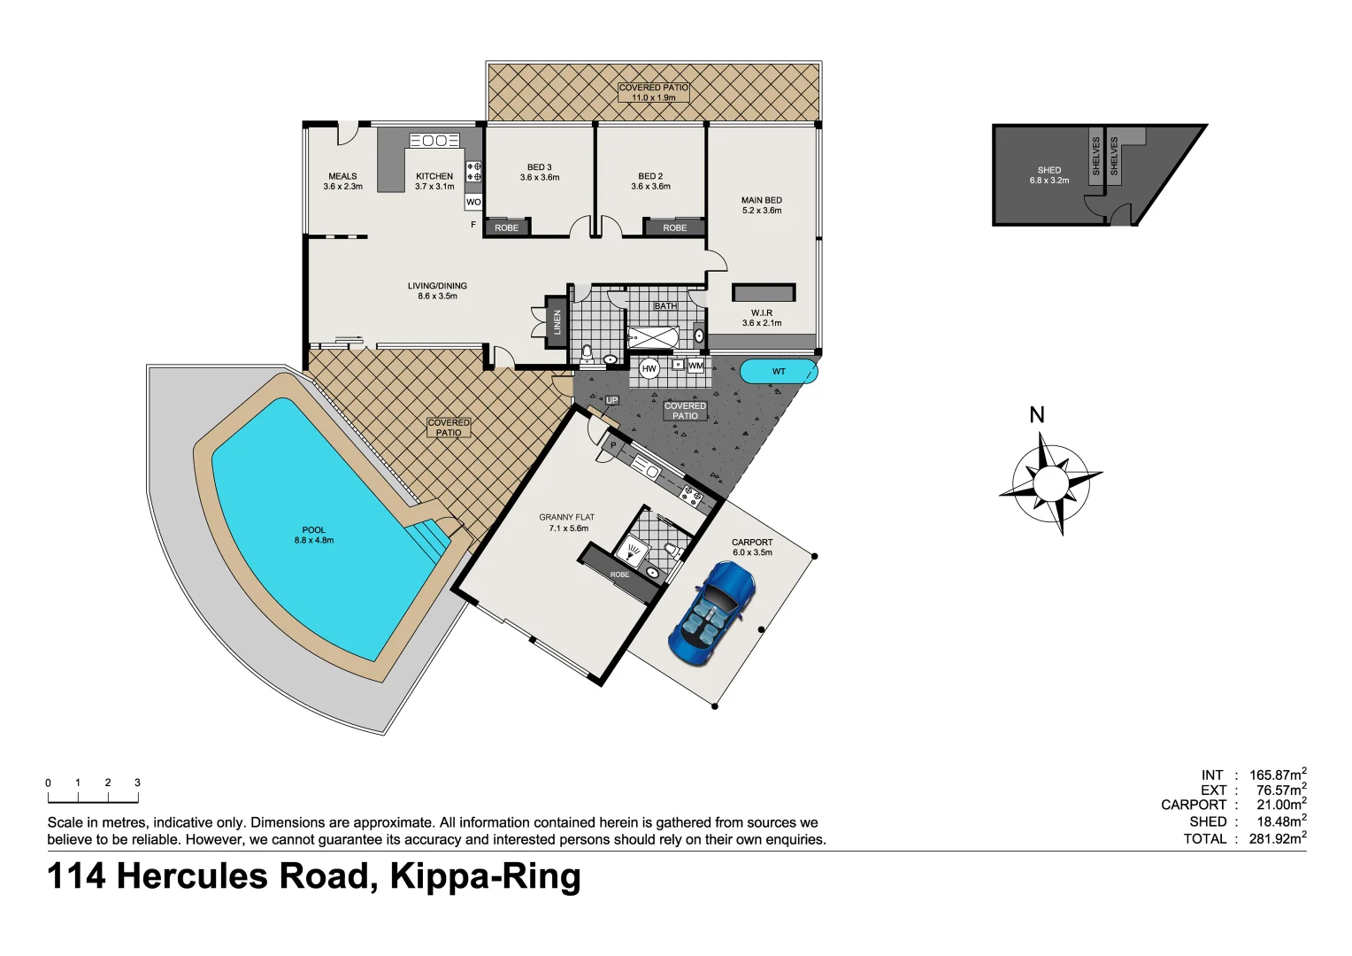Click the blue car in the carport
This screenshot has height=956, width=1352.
click(x=712, y=613)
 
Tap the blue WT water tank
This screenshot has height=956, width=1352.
click(x=778, y=371)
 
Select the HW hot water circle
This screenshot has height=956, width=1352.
click(x=649, y=368)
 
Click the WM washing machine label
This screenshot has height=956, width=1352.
click(x=695, y=366)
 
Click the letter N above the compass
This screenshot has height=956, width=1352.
click(x=1037, y=415)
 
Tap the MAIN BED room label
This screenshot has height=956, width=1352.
click(x=761, y=201)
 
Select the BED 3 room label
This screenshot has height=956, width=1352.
click(x=539, y=167)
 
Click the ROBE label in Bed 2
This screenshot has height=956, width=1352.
click(x=674, y=227)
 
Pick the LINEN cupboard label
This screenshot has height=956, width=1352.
click(x=557, y=321)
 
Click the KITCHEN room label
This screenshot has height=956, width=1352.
click(x=434, y=176)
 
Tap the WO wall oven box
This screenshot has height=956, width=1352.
click(x=473, y=202)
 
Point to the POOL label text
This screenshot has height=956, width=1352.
click(x=313, y=530)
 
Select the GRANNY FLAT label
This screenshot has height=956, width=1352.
click(x=566, y=517)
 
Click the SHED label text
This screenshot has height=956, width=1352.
click(x=1049, y=170)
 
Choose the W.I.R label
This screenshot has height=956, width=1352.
click(x=761, y=313)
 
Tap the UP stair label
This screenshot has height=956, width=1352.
click(x=611, y=401)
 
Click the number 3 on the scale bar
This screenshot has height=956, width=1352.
click(x=137, y=783)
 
